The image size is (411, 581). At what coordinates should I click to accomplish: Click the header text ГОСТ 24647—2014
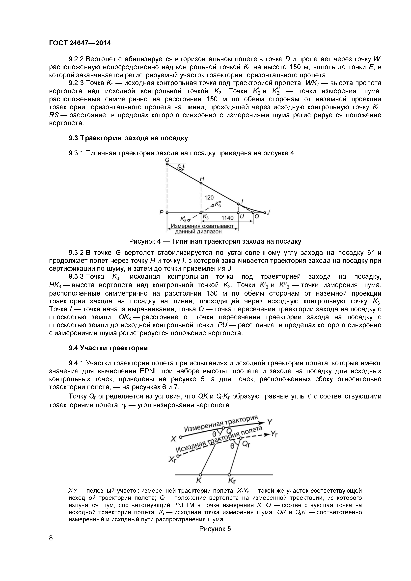[80, 43]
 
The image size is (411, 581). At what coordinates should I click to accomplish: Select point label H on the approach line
[202, 179]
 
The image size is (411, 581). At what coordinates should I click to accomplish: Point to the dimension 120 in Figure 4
[209, 197]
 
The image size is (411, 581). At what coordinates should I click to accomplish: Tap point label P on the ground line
[161, 212]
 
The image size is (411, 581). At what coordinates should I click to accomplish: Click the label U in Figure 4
[242, 217]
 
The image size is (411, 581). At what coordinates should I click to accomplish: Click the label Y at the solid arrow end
[270, 422]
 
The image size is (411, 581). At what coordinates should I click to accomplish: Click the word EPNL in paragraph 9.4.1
[148, 371]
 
